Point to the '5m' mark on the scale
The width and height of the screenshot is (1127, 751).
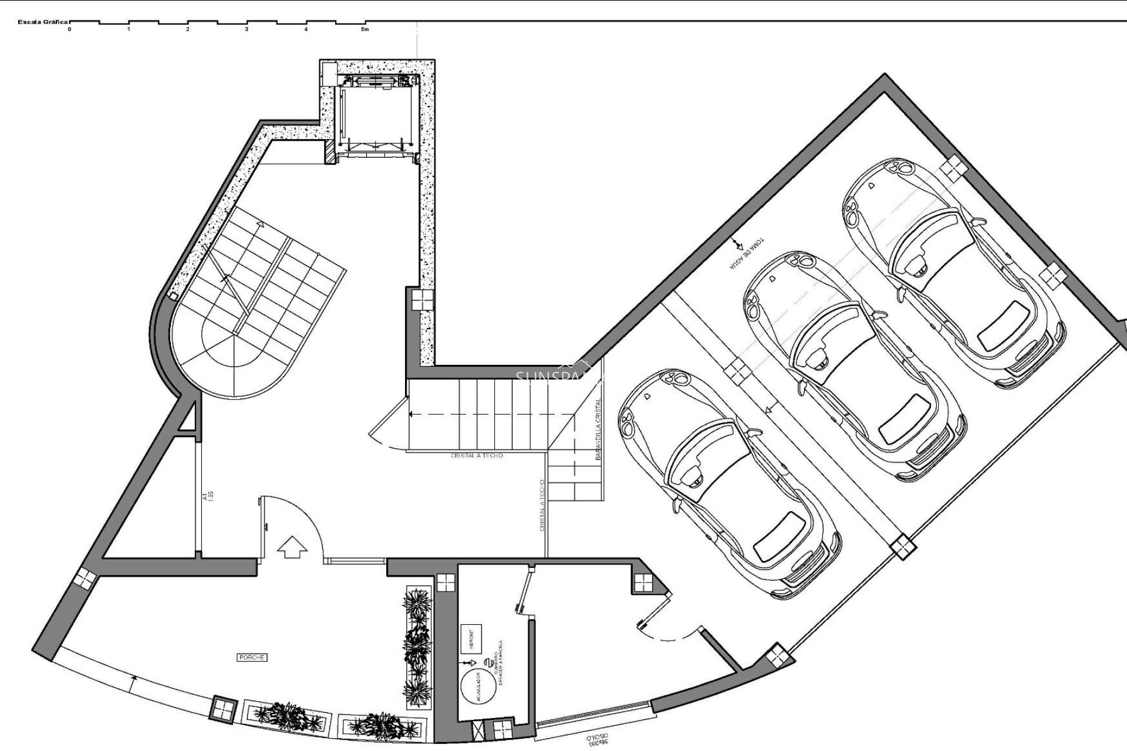coord(365,29)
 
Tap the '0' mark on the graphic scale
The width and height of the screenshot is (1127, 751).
coord(69,29)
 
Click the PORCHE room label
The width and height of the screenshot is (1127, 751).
coord(252,658)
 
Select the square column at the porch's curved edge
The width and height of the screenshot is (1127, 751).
coord(224,709)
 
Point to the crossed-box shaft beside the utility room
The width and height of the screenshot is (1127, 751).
coord(480,732)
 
